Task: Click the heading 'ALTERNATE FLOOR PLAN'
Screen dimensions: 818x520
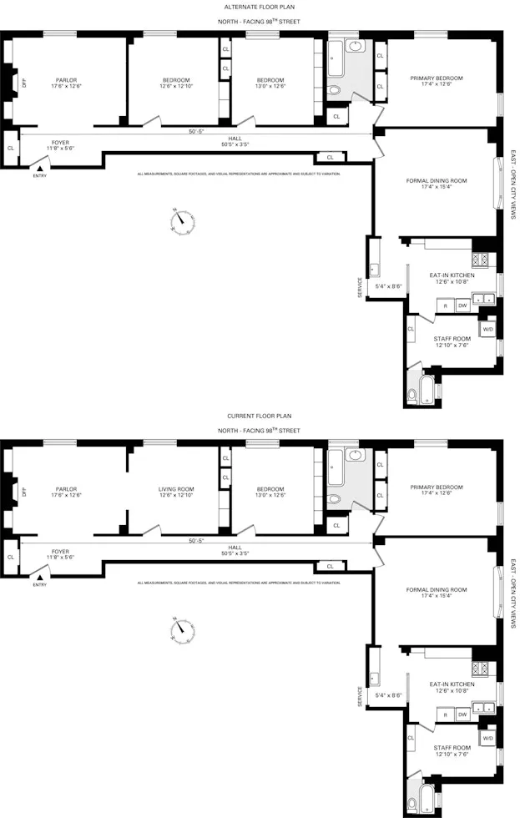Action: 259,7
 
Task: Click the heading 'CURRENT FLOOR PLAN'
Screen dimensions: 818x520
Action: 259,415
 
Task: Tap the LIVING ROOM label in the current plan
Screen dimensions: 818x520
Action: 176,489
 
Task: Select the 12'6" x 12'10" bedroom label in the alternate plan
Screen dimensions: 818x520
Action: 176,81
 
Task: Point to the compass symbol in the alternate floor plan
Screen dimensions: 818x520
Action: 181,220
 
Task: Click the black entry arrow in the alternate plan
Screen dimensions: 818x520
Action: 38,168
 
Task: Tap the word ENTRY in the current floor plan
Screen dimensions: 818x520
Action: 39,584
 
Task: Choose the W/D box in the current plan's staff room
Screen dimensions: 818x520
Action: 487,737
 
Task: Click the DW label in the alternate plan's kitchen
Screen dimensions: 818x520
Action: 462,305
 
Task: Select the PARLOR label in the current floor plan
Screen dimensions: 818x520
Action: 66,489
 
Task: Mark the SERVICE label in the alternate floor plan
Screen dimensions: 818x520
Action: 361,287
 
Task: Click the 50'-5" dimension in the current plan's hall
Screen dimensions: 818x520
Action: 196,540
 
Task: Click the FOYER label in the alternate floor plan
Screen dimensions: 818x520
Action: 60,142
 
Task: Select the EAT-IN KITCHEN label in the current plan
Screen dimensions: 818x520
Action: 452,684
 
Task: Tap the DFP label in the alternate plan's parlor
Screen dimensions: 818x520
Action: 24,83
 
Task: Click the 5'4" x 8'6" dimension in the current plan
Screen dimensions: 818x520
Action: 390,695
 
